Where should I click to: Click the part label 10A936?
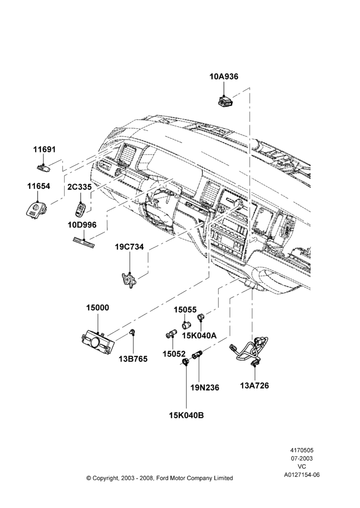[x=224, y=77]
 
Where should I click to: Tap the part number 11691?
[x=44, y=150]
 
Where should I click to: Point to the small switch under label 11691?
[x=43, y=167]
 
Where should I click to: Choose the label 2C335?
[x=79, y=187]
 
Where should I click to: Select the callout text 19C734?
[x=129, y=247]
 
